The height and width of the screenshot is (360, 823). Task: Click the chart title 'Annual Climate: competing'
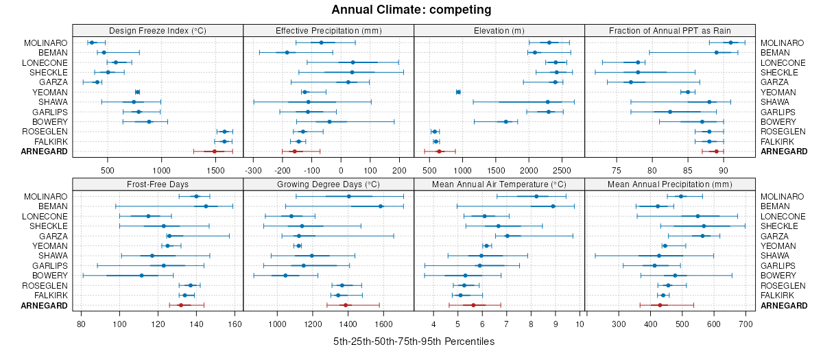(x=411, y=10)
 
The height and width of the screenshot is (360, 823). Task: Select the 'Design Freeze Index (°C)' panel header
(x=158, y=30)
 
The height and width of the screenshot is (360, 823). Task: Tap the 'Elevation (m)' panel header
(x=499, y=30)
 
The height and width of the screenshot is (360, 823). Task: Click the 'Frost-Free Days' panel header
(x=158, y=184)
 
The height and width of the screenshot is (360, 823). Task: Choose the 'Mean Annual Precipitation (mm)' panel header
(x=669, y=184)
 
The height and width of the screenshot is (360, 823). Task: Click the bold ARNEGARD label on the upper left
(x=45, y=152)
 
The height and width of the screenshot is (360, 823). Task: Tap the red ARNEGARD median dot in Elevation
(x=440, y=152)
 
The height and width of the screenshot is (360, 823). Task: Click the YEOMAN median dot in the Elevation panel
(x=458, y=92)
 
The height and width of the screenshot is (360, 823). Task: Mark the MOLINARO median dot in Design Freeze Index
(x=92, y=43)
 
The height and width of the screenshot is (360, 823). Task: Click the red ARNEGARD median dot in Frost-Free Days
(x=181, y=305)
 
